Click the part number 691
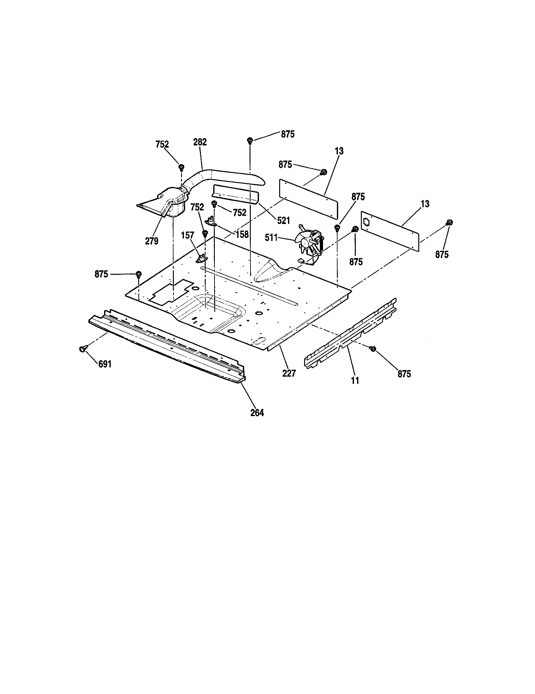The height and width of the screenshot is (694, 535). (x=105, y=364)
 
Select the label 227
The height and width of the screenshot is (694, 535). (x=289, y=373)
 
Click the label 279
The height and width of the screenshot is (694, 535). (x=151, y=241)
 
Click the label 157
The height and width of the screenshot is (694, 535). (x=187, y=236)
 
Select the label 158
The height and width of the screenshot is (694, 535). (x=242, y=234)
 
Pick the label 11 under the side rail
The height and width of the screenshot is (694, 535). (x=355, y=380)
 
